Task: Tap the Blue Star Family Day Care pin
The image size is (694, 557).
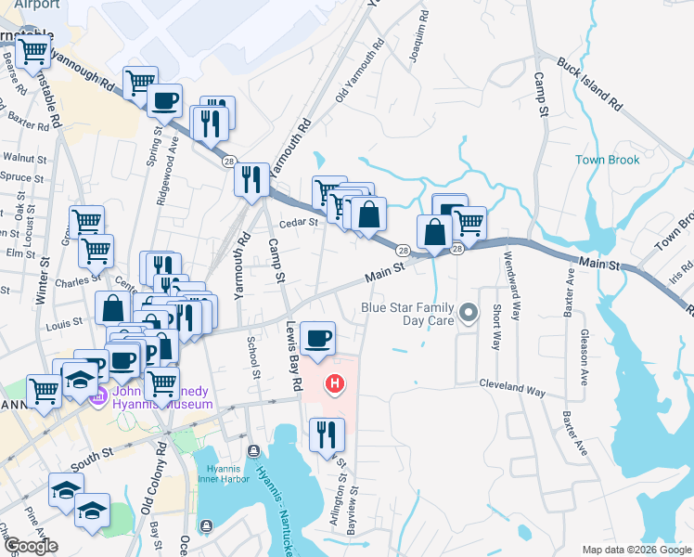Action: [x=469, y=313]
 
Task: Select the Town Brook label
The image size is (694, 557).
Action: [x=607, y=160]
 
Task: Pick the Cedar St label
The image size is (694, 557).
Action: [x=299, y=222]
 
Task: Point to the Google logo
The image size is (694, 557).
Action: [x=31, y=546]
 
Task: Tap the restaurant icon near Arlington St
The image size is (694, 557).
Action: [x=327, y=434]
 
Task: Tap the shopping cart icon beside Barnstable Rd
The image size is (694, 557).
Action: [x=33, y=53]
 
